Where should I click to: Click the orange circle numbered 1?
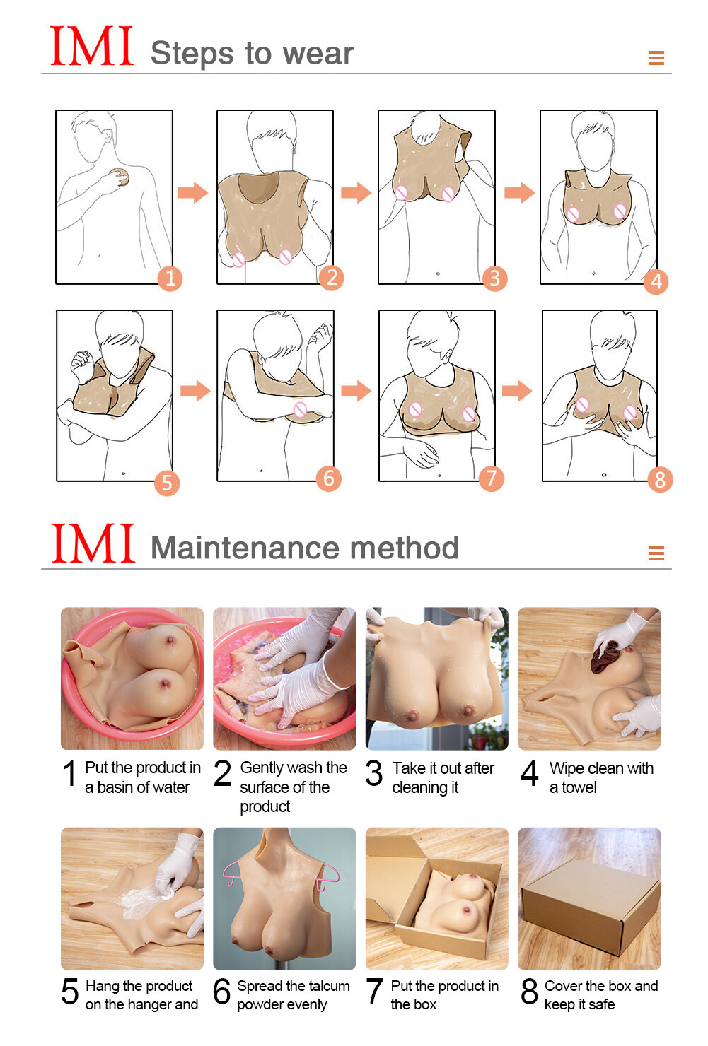point(170,278)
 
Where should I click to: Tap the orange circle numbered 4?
point(656,281)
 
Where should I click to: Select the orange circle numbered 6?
point(328,478)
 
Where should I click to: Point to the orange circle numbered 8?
point(660,480)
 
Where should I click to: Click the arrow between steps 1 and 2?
point(192,192)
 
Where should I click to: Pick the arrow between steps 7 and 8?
point(517,390)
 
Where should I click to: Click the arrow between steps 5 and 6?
point(195,391)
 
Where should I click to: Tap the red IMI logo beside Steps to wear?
point(92,47)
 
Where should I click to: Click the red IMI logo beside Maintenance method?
point(93,543)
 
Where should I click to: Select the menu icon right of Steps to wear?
point(656,58)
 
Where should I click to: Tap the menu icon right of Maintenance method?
point(656,553)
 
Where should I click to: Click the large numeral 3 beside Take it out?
point(374,774)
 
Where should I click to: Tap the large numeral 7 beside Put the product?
point(375,991)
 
